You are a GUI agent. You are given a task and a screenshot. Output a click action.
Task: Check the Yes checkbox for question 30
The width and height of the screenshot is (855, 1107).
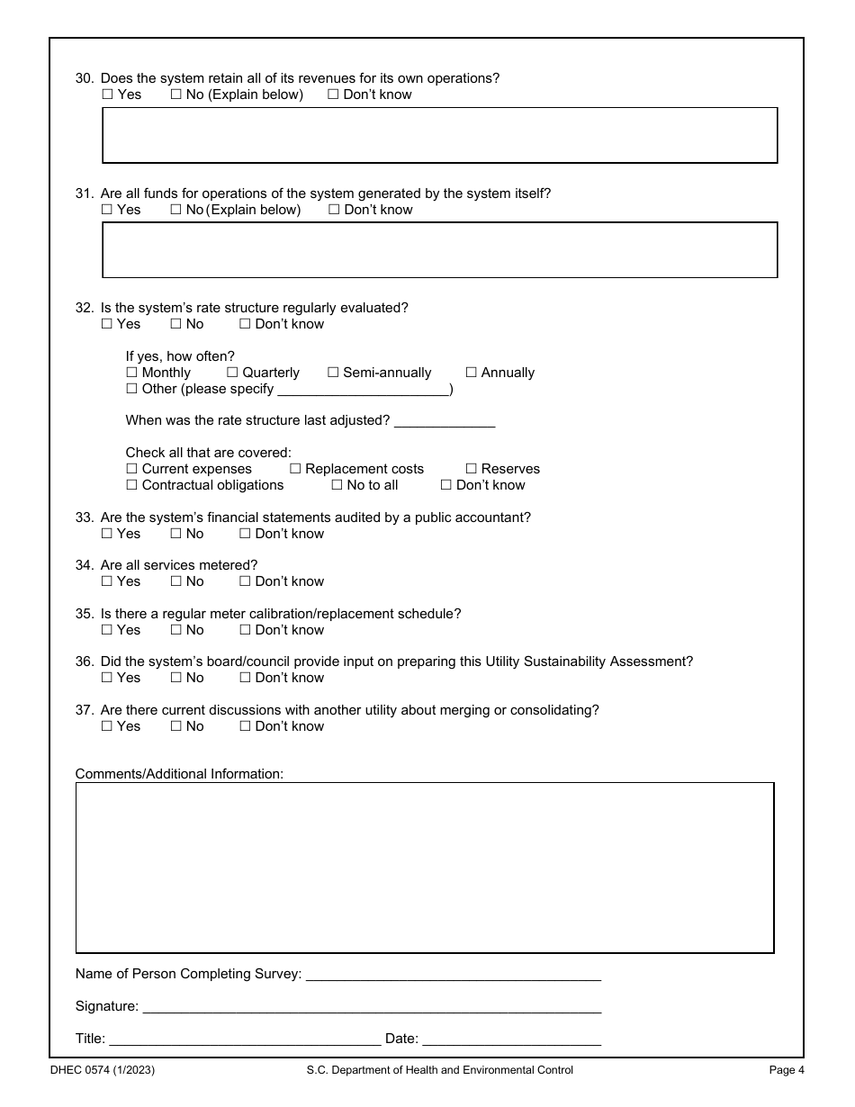coord(107,94)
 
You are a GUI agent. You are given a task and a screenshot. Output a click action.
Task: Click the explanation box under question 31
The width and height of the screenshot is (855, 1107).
coord(439,250)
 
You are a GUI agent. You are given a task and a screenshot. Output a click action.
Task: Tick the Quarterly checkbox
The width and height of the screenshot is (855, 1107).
coord(232,373)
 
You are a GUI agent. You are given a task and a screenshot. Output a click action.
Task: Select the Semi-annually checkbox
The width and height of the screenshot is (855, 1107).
coord(333,373)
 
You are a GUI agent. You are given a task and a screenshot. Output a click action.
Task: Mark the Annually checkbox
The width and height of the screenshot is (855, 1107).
coord(471,373)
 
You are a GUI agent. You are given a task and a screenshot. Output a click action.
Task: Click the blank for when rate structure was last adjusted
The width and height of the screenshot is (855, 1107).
coord(445,421)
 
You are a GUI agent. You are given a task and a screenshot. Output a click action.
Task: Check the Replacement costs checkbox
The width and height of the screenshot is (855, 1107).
coord(295,469)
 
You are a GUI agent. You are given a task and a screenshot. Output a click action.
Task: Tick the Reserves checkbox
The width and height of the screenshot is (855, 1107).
coord(471,469)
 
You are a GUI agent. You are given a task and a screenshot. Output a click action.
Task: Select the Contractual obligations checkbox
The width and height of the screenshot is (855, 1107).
coord(131,485)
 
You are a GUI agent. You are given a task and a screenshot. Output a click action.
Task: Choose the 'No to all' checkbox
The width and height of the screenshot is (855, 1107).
coord(337,485)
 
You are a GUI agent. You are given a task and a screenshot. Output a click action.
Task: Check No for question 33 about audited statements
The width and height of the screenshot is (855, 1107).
coord(176,534)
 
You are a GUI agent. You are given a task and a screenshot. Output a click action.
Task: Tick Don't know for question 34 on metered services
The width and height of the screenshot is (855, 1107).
coord(245,581)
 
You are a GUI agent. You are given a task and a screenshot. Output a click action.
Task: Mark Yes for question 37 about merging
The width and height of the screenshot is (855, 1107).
coord(107,726)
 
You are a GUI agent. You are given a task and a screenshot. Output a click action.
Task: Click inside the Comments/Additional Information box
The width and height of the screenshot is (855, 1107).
coord(424,868)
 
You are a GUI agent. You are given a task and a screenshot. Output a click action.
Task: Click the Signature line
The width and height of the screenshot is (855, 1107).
coord(372,1007)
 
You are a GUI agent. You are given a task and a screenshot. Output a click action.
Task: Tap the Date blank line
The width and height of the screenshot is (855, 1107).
coord(511,1039)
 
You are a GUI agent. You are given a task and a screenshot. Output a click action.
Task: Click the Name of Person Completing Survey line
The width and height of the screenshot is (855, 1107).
coord(453,975)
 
